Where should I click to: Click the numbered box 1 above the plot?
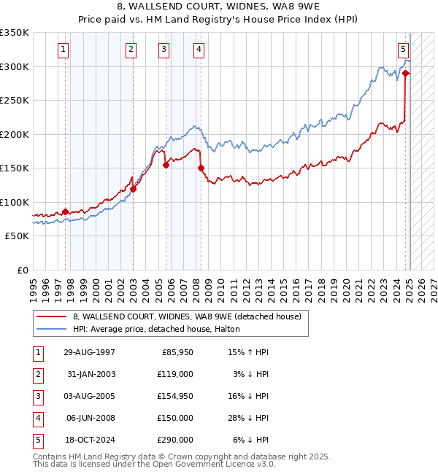click(64, 50)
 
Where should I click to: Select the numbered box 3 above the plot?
click(164, 50)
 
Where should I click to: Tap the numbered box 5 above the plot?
click(403, 50)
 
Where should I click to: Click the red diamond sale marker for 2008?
click(201, 168)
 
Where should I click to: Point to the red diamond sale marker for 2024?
click(406, 73)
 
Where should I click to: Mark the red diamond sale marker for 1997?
click(65, 211)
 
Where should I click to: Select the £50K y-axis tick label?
click(17, 236)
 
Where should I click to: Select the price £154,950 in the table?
click(176, 396)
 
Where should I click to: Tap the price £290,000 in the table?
click(176, 440)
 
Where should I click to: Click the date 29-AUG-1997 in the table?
click(89, 352)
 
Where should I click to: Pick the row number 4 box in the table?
click(37, 418)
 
